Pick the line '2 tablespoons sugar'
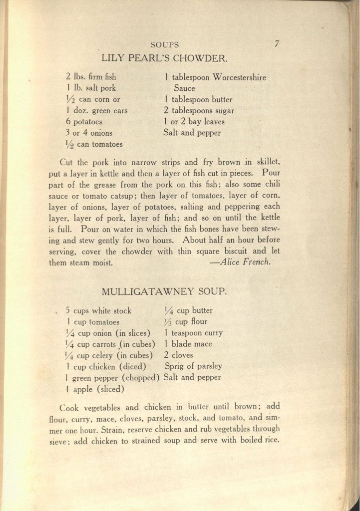pos(199,111)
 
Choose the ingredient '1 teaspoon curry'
pos(193,333)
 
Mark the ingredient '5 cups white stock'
pos(98,310)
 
